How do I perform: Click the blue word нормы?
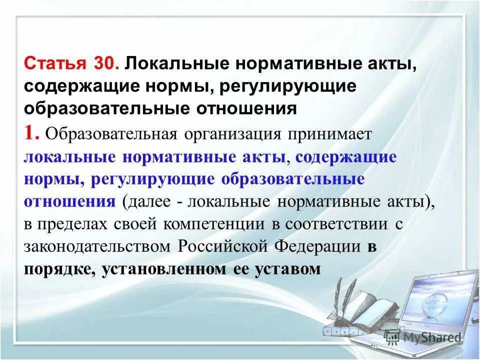47,179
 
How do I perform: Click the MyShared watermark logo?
423,336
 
